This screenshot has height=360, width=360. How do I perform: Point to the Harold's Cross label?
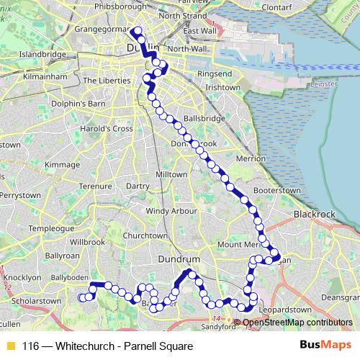point(107,129)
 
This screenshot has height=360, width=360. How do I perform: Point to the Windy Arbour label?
point(171,211)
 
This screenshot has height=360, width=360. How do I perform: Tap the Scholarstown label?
point(31,300)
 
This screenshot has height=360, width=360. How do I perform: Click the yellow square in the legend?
point(10,346)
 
